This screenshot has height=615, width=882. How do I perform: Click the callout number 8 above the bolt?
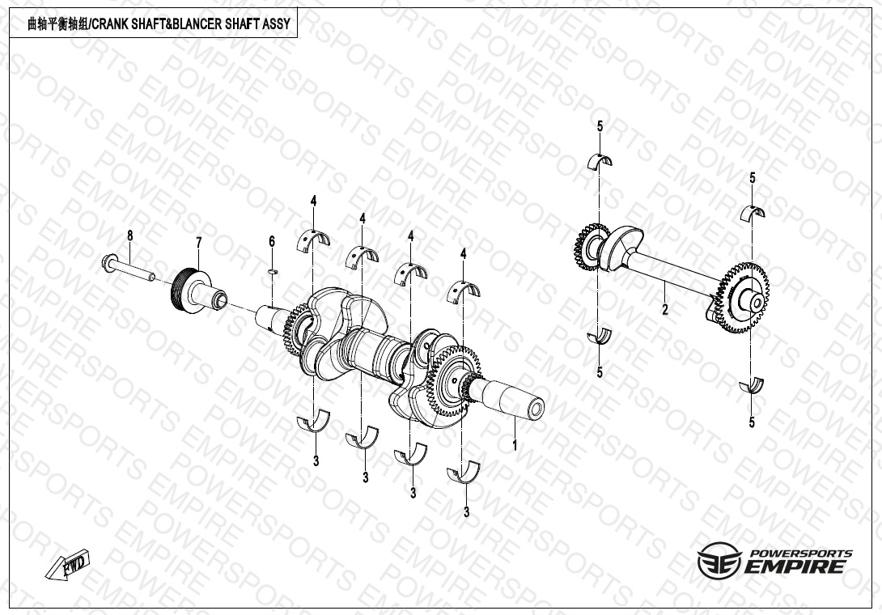point(130,235)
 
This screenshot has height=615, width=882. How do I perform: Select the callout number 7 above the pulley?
point(198,243)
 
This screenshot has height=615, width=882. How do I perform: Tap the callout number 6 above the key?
point(272,241)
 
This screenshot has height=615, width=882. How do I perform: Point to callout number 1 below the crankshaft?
point(514,445)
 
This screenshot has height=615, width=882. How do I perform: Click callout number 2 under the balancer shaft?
point(665,309)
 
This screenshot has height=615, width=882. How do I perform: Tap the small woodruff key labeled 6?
point(272,272)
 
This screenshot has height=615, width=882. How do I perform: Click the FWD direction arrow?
point(67,564)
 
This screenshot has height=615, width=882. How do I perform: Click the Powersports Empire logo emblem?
point(719,560)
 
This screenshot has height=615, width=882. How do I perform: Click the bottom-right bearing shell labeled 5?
point(752,386)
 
